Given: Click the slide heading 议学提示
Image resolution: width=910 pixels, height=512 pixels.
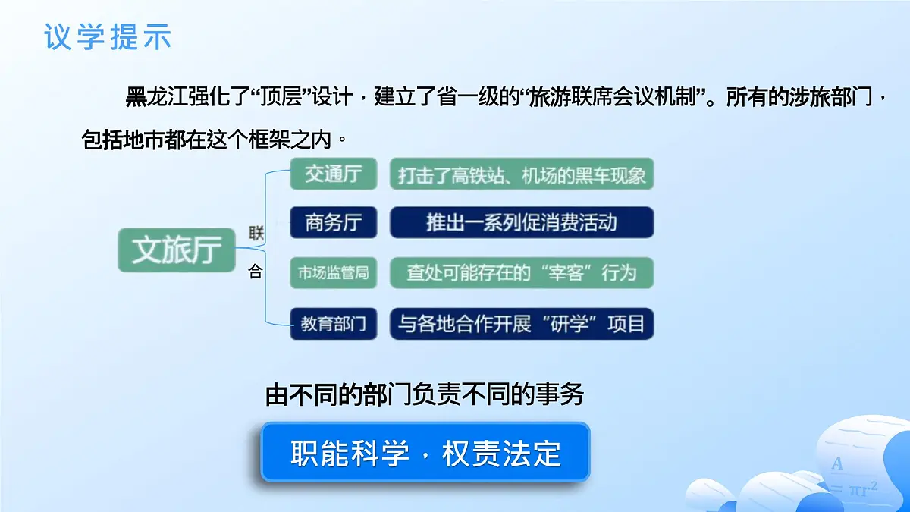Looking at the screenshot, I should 108,36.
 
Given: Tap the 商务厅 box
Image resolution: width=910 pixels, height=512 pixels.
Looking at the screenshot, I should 333,223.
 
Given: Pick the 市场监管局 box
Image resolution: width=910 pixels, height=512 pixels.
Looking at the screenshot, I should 333,273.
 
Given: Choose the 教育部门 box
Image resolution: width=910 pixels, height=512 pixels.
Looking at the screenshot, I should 333,324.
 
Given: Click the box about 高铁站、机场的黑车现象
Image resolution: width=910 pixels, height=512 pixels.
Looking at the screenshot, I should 522,174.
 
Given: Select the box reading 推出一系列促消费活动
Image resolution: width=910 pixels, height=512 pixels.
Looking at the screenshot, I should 522,223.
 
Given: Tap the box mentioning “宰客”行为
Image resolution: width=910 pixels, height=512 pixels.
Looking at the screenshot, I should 522,273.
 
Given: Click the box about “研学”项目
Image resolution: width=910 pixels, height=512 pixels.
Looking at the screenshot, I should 522,324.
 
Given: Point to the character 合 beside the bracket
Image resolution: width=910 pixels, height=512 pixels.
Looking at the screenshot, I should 256,272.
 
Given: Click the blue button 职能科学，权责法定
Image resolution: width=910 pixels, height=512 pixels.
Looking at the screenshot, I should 425,453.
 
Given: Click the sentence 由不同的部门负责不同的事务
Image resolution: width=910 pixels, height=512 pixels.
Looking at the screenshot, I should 425,395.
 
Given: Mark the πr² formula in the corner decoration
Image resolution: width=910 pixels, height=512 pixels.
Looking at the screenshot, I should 863,489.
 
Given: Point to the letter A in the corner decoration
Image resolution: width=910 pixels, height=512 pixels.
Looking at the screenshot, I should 837,463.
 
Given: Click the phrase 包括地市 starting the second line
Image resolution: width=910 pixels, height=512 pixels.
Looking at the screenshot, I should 124,140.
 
